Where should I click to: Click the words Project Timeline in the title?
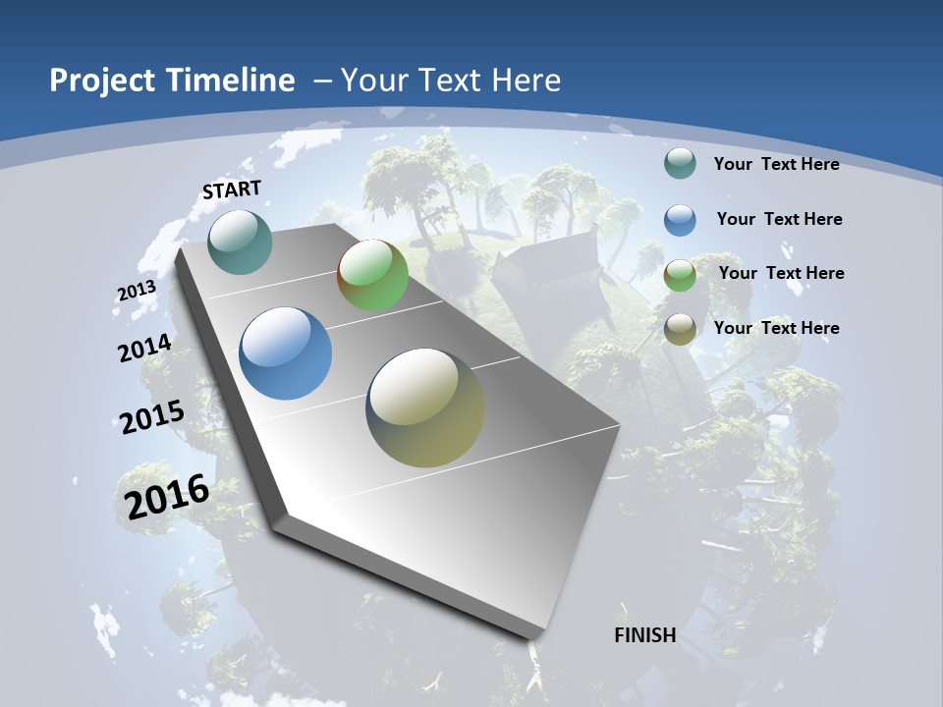pos(172,81)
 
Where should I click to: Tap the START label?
pos(232,190)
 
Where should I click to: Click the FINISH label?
pos(645,635)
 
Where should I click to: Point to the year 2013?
pos(137,292)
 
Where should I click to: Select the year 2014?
pos(144,349)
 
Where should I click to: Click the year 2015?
pos(152,416)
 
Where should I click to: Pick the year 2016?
pos(167,496)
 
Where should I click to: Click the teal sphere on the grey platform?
pos(241,242)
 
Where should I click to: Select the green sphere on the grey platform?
pos(372,275)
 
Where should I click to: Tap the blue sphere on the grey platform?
pos(286,353)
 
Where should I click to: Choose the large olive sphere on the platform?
pos(425,408)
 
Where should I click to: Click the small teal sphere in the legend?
pos(680,164)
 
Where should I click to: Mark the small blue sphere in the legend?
pos(680,220)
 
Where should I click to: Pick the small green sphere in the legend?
pos(680,275)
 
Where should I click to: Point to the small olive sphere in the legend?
pos(680,329)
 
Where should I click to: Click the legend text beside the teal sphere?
pos(776,164)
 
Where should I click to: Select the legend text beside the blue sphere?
pos(779,219)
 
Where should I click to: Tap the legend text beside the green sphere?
pos(781,273)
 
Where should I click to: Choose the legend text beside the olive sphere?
pos(776,328)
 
